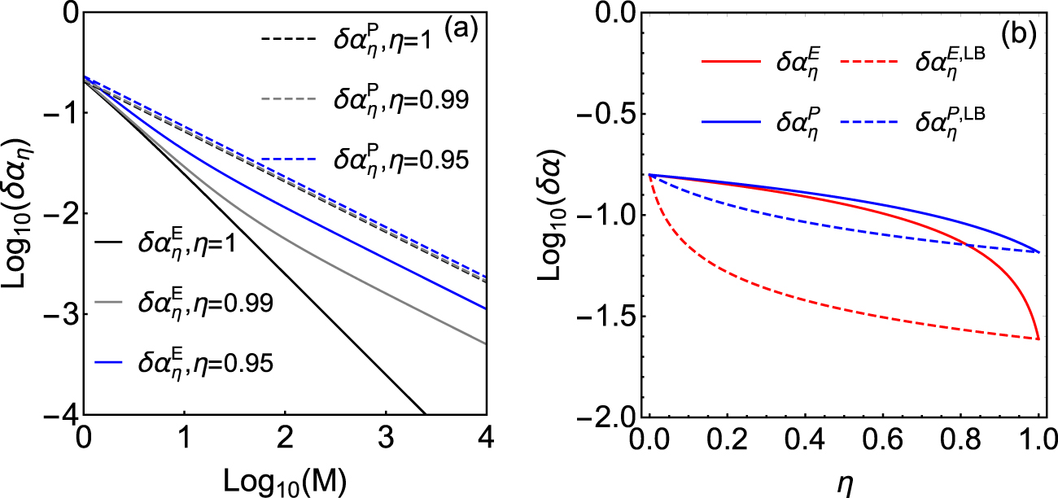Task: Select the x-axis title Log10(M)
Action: tap(284, 483)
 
